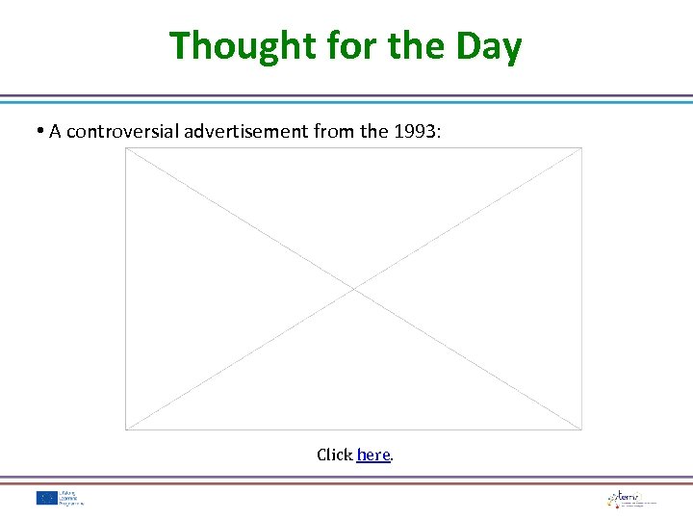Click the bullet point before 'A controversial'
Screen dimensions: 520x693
[41, 131]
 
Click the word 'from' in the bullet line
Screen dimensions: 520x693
[335, 131]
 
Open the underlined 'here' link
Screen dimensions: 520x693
[372, 455]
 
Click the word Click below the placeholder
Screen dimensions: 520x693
[334, 455]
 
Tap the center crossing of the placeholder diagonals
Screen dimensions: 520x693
[353, 288]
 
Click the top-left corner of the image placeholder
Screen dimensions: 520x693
[125, 147]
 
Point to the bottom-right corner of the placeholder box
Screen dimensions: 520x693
[582, 429]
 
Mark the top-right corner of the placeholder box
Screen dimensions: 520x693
[582, 147]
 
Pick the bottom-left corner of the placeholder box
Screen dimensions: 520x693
[125, 429]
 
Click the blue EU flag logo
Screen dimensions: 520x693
[46, 498]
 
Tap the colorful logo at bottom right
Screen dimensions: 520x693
[617, 498]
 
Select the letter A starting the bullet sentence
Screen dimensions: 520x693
[55, 131]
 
